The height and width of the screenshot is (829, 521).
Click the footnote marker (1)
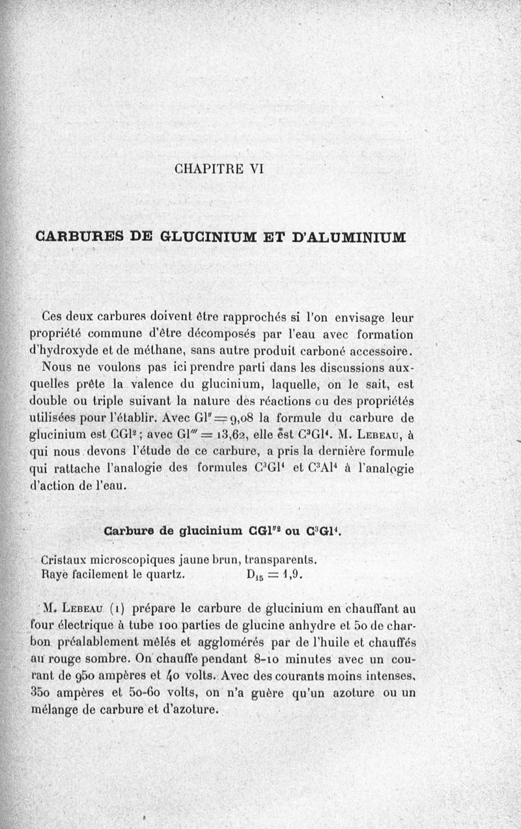(x=118, y=610)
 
